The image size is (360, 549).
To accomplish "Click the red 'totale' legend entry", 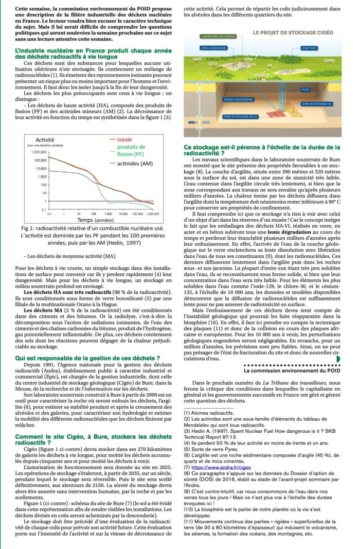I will (124, 139).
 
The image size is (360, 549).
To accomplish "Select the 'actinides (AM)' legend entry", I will (135, 164).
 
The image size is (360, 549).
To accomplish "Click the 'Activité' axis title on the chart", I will (45, 139).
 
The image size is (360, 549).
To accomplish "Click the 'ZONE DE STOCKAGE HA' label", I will (315, 104).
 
